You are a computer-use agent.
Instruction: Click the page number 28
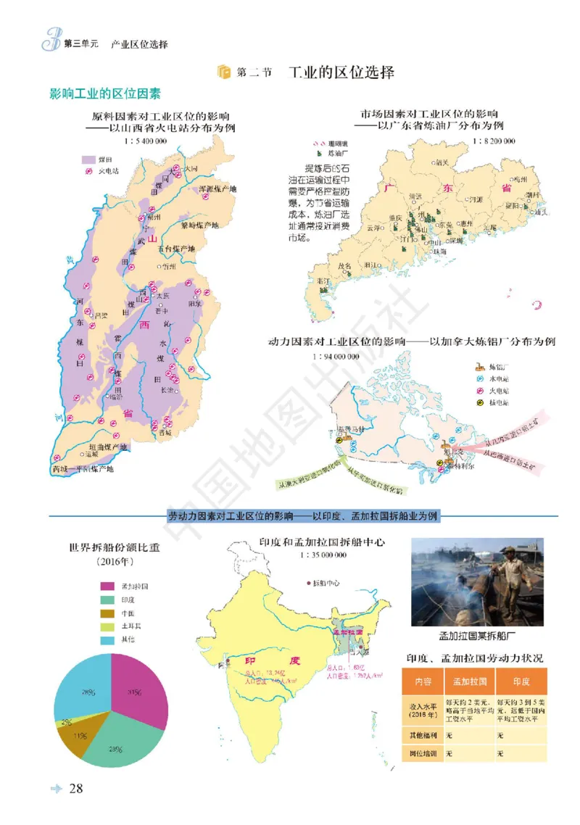(x=76, y=789)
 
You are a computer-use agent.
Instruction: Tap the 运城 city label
(x=91, y=454)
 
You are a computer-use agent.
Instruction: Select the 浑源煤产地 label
(x=218, y=189)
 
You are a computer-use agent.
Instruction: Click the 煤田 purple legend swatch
(x=88, y=158)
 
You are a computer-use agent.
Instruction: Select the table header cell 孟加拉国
(x=469, y=682)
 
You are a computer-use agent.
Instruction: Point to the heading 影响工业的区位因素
(x=105, y=94)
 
